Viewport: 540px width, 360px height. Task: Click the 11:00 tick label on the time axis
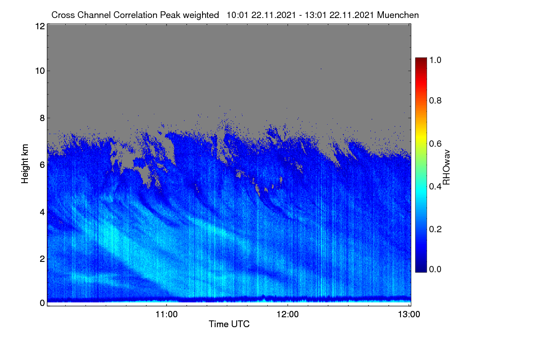[166, 315]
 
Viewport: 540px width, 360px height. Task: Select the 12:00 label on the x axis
[288, 315]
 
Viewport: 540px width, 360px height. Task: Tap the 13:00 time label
[409, 315]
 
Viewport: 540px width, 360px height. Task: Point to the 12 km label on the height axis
[40, 26]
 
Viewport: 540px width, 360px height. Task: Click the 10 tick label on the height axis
[40, 71]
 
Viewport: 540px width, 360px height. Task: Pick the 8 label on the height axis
[42, 118]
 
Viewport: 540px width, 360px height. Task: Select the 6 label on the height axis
[42, 165]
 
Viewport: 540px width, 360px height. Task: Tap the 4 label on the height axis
[42, 212]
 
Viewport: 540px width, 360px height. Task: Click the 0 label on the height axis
[42, 303]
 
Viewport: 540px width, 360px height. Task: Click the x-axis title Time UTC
[229, 324]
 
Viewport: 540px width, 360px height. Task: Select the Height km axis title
[25, 164]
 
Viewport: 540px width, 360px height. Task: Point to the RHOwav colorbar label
[446, 167]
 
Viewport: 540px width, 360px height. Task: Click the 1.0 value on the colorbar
[435, 60]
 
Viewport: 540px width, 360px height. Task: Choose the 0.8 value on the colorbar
[435, 100]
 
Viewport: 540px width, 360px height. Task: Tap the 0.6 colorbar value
[435, 144]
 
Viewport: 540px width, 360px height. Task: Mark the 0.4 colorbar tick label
[435, 186]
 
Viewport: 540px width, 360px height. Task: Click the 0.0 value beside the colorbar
[435, 269]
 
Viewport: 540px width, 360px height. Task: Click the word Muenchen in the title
[398, 15]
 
